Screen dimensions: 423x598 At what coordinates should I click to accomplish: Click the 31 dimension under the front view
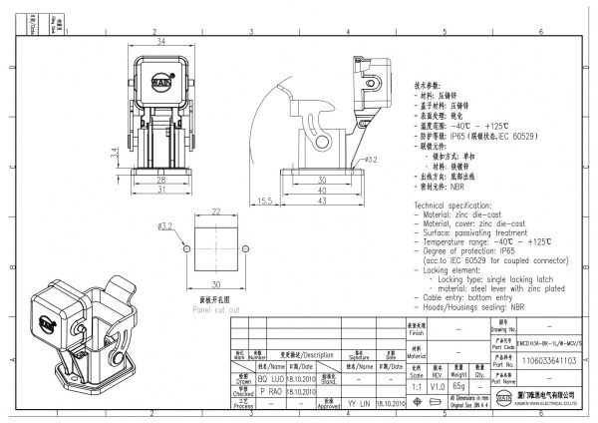tap(160, 191)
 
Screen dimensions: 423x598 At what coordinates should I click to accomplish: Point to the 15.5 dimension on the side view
tap(265, 201)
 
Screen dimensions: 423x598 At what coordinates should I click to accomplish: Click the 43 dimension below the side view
tap(322, 201)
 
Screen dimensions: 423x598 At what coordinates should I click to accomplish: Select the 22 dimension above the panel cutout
tap(215, 211)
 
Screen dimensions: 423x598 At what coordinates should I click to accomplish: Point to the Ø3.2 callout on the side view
tap(367, 159)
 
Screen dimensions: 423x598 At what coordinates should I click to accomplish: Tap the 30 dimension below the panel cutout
tap(215, 286)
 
